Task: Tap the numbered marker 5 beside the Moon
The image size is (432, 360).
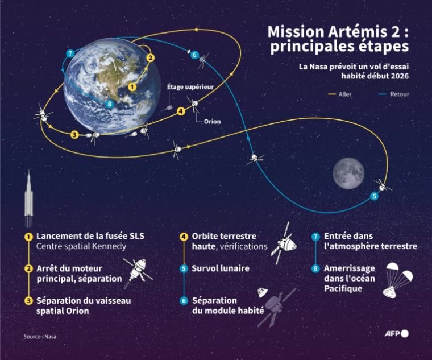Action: (x=373, y=196)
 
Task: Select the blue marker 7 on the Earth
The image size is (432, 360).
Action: (x=70, y=53)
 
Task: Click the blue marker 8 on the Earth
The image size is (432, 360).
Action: (x=109, y=104)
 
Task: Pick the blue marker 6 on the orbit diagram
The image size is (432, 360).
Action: (x=194, y=55)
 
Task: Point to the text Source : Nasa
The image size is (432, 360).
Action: (x=40, y=336)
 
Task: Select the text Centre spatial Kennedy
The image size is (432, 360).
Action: (x=81, y=246)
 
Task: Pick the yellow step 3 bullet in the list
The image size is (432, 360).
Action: (x=27, y=300)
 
